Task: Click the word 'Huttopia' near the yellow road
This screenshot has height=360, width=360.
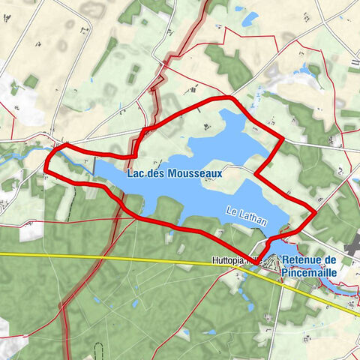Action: [x=227, y=262]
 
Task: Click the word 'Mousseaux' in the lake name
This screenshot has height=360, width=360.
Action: [x=196, y=173]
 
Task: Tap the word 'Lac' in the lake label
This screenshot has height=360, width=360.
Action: [x=135, y=173]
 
